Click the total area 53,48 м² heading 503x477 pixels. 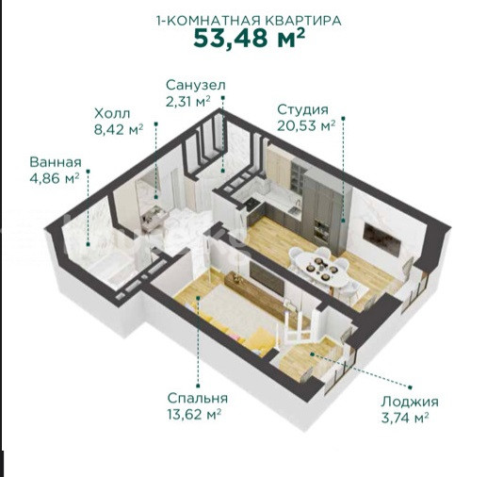[x=249, y=38]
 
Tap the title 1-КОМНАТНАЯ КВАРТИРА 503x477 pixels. [x=249, y=21]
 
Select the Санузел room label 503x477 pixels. [x=196, y=85]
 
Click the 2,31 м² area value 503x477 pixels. [x=188, y=102]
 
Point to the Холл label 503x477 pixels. [x=112, y=113]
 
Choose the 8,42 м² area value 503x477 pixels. [x=119, y=130]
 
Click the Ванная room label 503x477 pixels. [x=56, y=162]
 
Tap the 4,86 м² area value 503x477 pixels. [x=55, y=178]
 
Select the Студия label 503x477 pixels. [x=302, y=109]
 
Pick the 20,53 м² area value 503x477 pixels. [x=306, y=125]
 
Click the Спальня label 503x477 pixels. [x=198, y=399]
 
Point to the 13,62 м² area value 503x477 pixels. [x=194, y=415]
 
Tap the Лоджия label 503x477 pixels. [x=410, y=402]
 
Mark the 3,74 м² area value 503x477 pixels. [x=405, y=418]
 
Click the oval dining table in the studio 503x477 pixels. [x=322, y=268]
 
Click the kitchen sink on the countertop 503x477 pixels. [x=294, y=210]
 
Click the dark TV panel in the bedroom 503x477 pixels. [x=267, y=278]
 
